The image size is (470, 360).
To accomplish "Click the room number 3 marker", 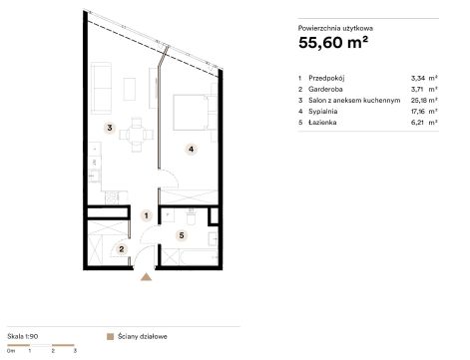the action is (x=110, y=128).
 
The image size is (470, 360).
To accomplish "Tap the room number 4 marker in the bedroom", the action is (x=191, y=150).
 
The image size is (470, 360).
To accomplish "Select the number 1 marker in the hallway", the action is (x=146, y=215).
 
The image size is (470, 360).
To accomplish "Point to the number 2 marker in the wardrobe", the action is (x=122, y=249).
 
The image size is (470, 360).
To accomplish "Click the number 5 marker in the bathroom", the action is (x=182, y=235).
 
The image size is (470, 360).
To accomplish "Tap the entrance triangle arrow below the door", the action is (x=146, y=277).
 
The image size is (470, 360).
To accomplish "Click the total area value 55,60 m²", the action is (x=333, y=43).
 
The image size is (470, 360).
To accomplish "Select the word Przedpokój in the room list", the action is (x=326, y=78).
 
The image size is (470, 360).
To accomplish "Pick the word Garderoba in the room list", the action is (x=325, y=89).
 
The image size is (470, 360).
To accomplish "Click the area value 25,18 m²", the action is (x=424, y=100).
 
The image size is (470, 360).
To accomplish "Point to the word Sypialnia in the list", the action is (x=322, y=112).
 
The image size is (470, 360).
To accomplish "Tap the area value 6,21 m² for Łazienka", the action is (x=424, y=123).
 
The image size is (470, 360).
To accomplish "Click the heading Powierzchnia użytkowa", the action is (x=335, y=28).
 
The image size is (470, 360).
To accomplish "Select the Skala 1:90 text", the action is (x=23, y=336).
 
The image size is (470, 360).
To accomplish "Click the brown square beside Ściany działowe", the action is (x=110, y=337).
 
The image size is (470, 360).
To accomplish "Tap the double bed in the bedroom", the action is (x=193, y=113).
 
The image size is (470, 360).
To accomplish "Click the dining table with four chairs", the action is (x=137, y=135).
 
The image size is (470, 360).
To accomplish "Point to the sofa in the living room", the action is (x=101, y=88).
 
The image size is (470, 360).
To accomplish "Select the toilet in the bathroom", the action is (x=192, y=217).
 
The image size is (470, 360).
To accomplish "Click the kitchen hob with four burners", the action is (x=112, y=197).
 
